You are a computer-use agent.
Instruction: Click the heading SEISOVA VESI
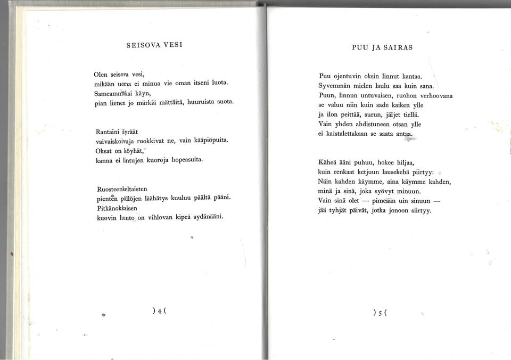[x=154, y=45]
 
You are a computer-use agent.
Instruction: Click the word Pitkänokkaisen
[x=118, y=208]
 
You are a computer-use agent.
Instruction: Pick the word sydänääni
[x=203, y=217]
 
